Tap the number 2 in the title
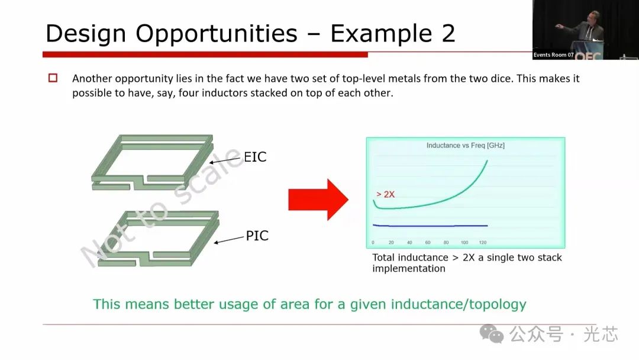pyautogui.click(x=448, y=33)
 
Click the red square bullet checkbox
pyautogui.click(x=53, y=78)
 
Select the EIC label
pyautogui.click(x=255, y=157)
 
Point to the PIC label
pyautogui.click(x=257, y=236)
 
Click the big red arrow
pyautogui.click(x=318, y=200)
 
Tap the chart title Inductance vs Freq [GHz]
pyautogui.click(x=466, y=145)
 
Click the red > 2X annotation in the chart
pyautogui.click(x=385, y=194)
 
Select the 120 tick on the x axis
pyautogui.click(x=483, y=243)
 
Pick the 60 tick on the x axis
pyautogui.click(x=428, y=243)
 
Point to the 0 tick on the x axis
pyautogui.click(x=373, y=243)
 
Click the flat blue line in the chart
pyautogui.click(x=430, y=226)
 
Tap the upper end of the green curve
pyautogui.click(x=487, y=161)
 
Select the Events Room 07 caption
pyautogui.click(x=553, y=54)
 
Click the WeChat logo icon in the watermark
pyautogui.click(x=492, y=333)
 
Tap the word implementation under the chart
pyautogui.click(x=409, y=269)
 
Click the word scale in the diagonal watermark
pyautogui.click(x=208, y=176)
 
